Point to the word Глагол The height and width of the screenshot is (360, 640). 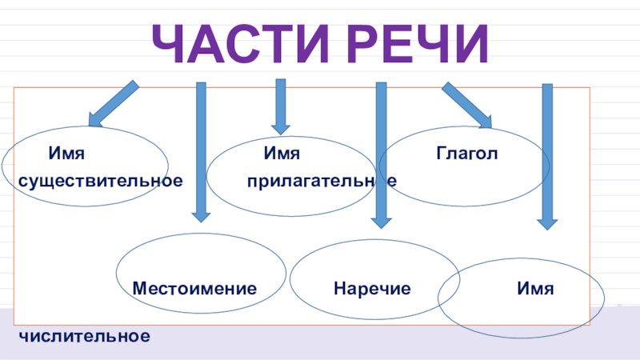tap(466, 153)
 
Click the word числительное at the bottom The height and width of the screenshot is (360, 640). tap(84, 336)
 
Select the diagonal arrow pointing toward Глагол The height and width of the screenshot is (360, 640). tap(467, 105)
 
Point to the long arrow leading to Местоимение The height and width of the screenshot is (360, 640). tap(201, 152)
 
